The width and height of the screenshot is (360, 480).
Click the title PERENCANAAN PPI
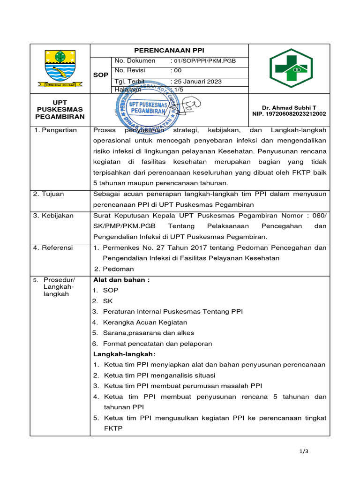(x=169, y=51)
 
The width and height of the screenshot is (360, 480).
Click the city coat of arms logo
(x=60, y=68)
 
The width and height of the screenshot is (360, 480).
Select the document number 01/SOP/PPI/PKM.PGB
(x=202, y=61)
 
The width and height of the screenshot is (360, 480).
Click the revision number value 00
(x=178, y=70)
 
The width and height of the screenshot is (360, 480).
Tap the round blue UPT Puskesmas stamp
(x=147, y=108)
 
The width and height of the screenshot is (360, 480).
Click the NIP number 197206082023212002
(x=289, y=114)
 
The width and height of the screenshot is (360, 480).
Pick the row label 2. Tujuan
(x=49, y=194)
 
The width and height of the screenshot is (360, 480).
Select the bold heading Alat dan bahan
(x=121, y=280)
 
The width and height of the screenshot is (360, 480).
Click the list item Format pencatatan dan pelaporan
(x=157, y=344)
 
